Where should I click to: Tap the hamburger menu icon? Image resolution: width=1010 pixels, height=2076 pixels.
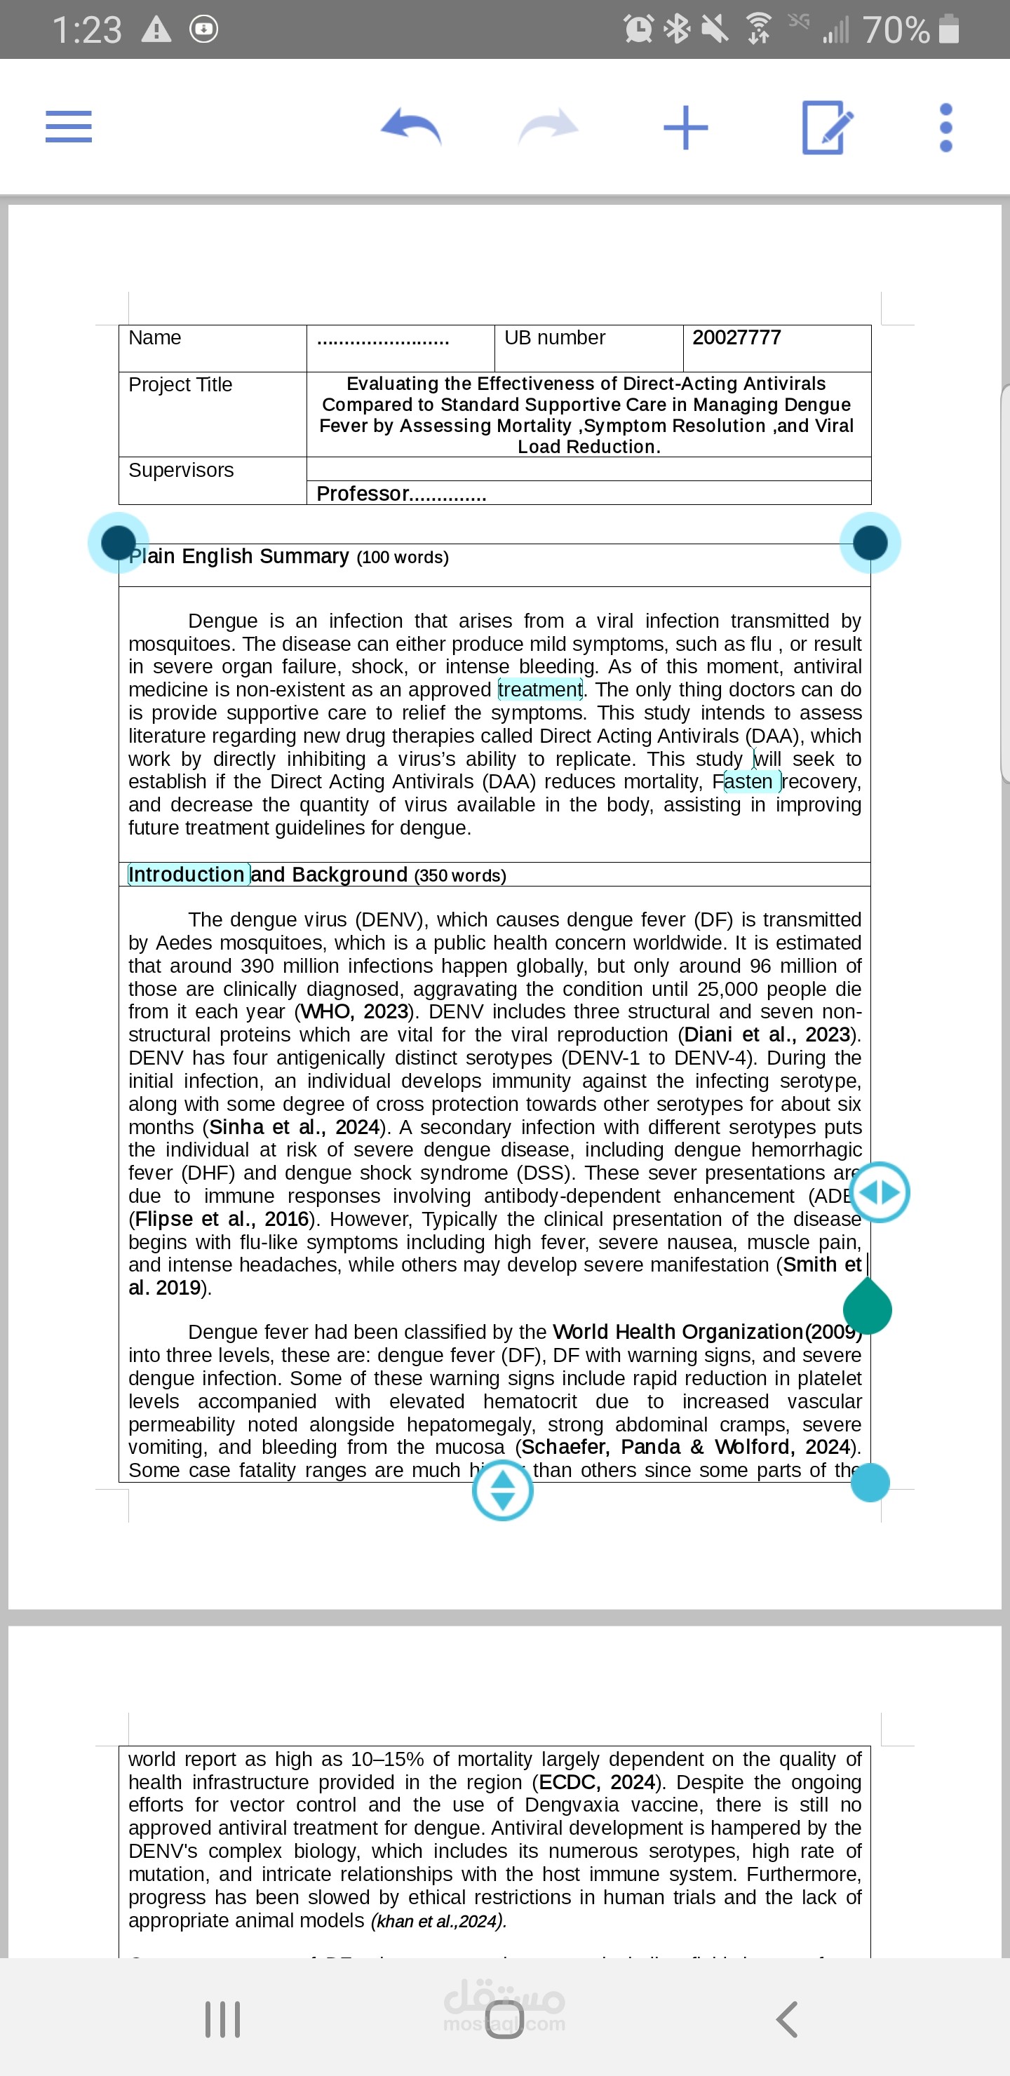tap(69, 126)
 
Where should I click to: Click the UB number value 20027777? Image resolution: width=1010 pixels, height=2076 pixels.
tap(736, 337)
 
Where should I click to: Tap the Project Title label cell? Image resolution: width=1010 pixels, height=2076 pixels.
tap(180, 385)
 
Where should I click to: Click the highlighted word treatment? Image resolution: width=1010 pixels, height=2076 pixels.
tap(539, 690)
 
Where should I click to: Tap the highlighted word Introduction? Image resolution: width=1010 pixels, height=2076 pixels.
tap(188, 875)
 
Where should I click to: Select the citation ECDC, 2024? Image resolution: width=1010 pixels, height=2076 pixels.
tap(596, 1782)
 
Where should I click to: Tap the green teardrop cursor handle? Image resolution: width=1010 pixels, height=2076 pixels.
tap(868, 1308)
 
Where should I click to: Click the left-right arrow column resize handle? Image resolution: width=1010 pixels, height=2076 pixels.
tap(880, 1192)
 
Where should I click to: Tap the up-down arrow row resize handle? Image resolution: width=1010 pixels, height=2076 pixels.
tap(502, 1490)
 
